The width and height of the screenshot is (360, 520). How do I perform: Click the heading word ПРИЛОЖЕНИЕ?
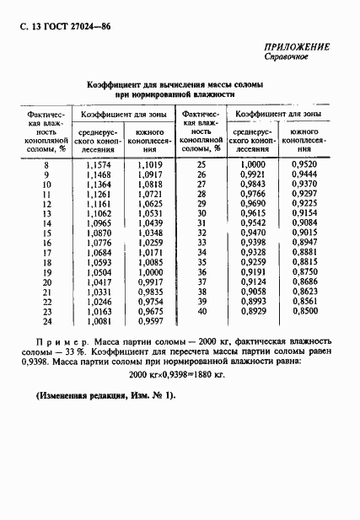coord(297,48)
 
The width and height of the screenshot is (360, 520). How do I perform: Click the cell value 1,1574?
coord(99,164)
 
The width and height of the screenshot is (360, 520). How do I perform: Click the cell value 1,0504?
coord(99,271)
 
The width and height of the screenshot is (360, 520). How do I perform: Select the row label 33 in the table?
coord(201,242)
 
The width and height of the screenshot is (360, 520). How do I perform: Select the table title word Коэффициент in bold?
coord(116,85)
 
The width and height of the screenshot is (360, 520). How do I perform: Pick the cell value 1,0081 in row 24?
coord(99,320)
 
